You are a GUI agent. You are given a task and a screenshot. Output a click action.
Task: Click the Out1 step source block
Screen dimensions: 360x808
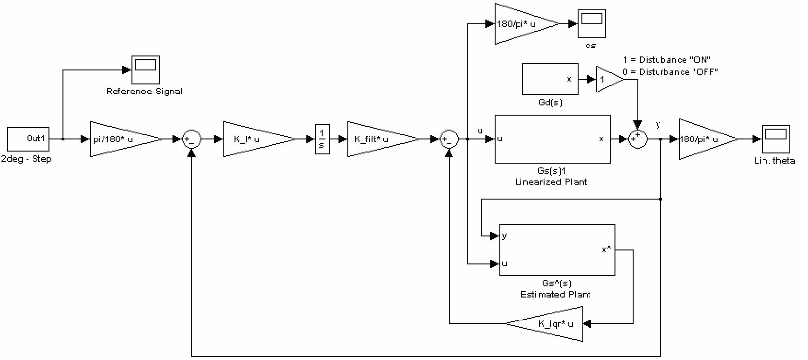(x=28, y=138)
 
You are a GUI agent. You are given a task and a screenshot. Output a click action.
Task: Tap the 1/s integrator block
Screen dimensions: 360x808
(x=322, y=139)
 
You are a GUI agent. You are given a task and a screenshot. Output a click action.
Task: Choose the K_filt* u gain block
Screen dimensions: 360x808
(x=378, y=139)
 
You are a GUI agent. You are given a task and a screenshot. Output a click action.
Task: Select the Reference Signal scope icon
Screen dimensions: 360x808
(x=145, y=70)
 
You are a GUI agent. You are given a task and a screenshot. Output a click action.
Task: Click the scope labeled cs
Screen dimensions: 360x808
(x=592, y=24)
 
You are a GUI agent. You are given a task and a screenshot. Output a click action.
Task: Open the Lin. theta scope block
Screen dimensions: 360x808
(x=775, y=139)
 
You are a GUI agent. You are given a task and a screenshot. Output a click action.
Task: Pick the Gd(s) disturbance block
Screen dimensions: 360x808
(x=550, y=79)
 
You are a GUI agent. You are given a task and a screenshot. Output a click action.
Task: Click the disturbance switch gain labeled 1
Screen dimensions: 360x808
(x=607, y=79)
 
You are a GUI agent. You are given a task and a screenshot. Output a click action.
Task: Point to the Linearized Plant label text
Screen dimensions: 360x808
(x=551, y=182)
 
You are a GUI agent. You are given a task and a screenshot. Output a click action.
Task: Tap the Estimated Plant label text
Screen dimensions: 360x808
(x=555, y=294)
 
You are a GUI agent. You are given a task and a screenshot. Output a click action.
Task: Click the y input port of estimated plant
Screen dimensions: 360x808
(x=504, y=236)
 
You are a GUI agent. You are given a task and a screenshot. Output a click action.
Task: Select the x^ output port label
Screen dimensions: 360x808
(x=606, y=250)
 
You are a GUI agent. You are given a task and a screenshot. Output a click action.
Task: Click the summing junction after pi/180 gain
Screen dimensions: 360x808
(x=191, y=139)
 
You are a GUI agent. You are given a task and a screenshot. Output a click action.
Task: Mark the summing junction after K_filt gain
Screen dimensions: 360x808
(x=449, y=139)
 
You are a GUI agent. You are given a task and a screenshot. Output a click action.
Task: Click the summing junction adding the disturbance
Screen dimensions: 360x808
(x=637, y=139)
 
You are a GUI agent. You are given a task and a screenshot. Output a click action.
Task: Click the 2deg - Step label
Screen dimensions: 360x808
(x=26, y=159)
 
